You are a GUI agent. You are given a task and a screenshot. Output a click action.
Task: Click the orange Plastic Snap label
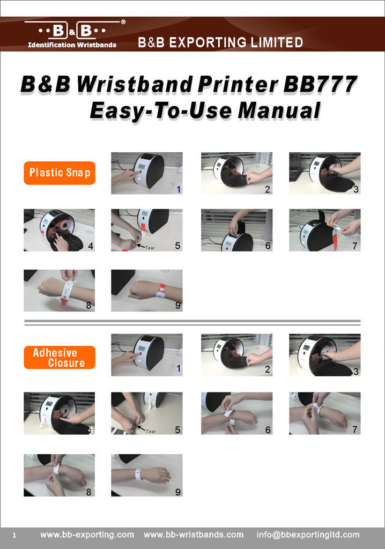coord(60,173)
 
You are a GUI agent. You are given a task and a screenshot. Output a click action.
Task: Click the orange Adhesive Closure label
coord(60,358)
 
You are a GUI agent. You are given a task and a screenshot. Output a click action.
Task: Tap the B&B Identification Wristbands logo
coord(72,34)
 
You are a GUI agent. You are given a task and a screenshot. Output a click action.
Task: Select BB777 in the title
coord(320,84)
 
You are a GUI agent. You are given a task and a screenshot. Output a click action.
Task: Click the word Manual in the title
coord(279,110)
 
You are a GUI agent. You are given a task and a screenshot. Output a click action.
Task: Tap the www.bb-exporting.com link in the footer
coord(87,535)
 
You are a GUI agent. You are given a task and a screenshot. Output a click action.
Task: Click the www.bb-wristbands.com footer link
coord(194,535)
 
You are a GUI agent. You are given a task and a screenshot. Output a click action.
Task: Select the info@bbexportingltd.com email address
coord(308,535)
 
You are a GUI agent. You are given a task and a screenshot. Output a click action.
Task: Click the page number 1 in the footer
coord(14,536)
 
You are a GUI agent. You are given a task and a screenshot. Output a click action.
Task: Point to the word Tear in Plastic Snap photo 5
coord(150,248)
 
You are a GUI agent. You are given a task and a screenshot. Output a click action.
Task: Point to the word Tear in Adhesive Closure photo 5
coord(151,432)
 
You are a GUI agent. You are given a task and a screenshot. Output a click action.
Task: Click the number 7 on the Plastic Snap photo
coord(354,246)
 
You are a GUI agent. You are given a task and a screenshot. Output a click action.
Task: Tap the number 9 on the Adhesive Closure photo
coord(178,492)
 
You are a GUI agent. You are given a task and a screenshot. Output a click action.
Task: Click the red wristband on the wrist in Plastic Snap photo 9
coord(161,291)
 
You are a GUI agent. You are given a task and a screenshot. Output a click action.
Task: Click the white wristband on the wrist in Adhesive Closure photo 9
coord(139,475)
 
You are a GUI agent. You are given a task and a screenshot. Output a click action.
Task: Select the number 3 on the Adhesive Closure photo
coord(356,372)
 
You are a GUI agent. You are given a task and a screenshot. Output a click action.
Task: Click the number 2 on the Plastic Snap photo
coord(267,189)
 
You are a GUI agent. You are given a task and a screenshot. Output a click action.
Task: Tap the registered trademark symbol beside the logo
coord(123,22)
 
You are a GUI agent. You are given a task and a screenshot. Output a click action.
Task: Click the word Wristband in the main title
coord(135,84)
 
